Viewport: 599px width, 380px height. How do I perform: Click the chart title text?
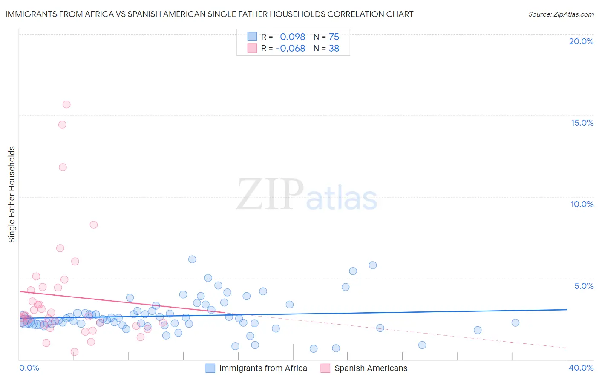point(209,14)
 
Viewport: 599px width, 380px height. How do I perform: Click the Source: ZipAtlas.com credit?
point(561,14)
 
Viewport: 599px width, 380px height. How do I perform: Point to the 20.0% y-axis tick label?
point(581,41)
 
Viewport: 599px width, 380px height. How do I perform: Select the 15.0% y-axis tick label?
point(582,123)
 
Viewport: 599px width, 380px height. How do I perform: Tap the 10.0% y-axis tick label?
point(582,204)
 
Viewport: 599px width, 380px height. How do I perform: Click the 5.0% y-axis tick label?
point(584,286)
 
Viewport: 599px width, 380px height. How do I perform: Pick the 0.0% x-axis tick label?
point(29,368)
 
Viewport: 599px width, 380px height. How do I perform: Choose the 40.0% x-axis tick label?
point(581,368)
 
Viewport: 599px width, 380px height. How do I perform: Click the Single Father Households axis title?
point(12,194)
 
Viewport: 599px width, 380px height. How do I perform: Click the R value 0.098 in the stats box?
point(292,37)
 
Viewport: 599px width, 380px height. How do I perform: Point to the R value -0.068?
point(291,49)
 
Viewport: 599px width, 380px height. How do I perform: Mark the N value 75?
point(334,37)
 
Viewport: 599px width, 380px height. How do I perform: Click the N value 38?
point(334,49)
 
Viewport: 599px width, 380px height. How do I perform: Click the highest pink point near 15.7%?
point(66,104)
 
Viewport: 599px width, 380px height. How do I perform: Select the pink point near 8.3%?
point(94,225)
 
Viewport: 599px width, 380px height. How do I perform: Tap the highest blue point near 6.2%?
point(192,259)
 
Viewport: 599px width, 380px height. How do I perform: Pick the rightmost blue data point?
point(515,322)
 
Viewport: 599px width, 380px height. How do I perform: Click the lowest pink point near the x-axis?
point(75,352)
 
